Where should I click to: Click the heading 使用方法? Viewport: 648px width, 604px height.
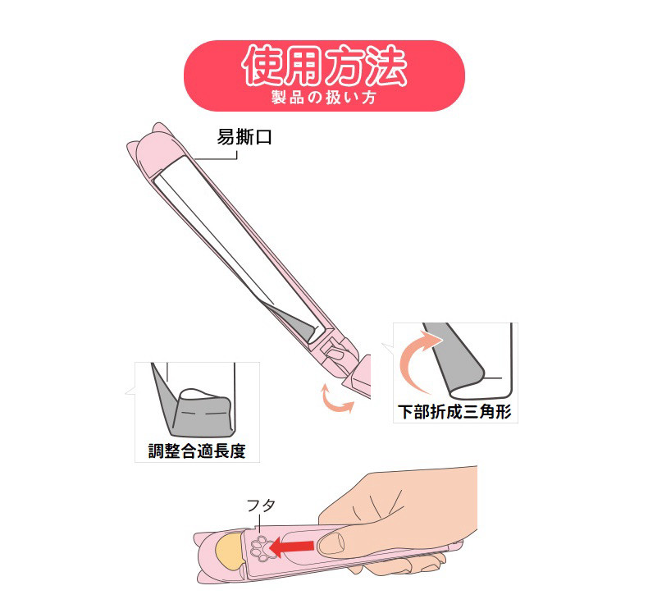[325, 65]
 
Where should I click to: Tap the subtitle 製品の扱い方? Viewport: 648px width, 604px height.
[324, 98]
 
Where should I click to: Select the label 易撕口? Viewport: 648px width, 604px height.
[244, 137]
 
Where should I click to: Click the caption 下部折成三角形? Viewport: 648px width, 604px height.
[454, 412]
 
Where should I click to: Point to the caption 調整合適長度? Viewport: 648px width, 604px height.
[197, 451]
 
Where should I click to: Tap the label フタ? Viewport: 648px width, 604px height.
[261, 506]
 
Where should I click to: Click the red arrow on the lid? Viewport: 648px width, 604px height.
[291, 547]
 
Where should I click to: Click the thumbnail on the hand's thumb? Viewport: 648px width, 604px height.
[331, 543]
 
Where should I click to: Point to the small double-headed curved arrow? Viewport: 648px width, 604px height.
[337, 400]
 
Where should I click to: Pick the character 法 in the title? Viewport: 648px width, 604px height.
[387, 66]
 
